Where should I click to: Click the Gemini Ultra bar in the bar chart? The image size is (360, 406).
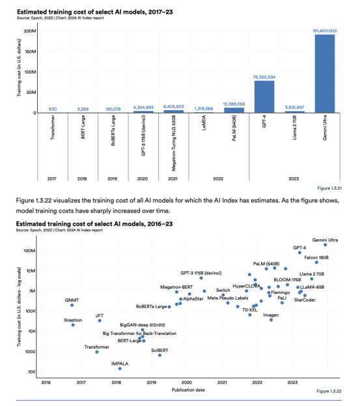pos(325,74)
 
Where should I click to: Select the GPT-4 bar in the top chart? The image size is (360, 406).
pos(264,97)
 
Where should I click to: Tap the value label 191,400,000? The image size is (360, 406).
pos(325,31)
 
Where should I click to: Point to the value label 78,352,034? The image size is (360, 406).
pos(264,77)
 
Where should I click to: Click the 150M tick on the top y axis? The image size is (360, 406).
pos(31,51)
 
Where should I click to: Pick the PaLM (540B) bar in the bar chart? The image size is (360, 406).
pos(234,110)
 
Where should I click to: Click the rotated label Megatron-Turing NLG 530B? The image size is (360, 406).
pos(174,143)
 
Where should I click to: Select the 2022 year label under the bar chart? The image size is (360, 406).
pos(218,179)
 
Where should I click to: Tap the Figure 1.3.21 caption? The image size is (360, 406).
pos(329,188)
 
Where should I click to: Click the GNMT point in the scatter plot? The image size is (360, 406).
pos(72,305)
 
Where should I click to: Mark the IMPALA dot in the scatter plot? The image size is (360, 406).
pos(120,368)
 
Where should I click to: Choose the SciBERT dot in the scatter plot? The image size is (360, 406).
pos(160,355)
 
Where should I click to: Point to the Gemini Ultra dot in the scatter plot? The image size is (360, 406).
pos(325,244)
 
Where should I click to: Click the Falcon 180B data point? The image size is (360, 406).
pos(316,262)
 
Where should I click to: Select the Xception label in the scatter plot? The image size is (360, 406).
pos(73,320)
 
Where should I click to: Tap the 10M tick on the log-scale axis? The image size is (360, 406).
pos(31,271)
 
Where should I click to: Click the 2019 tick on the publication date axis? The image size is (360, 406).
pos(152,383)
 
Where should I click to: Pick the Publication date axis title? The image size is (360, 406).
pos(188,390)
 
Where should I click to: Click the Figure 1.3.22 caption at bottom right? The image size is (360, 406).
pos(329,391)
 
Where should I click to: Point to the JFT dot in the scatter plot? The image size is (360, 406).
pos(100,321)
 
